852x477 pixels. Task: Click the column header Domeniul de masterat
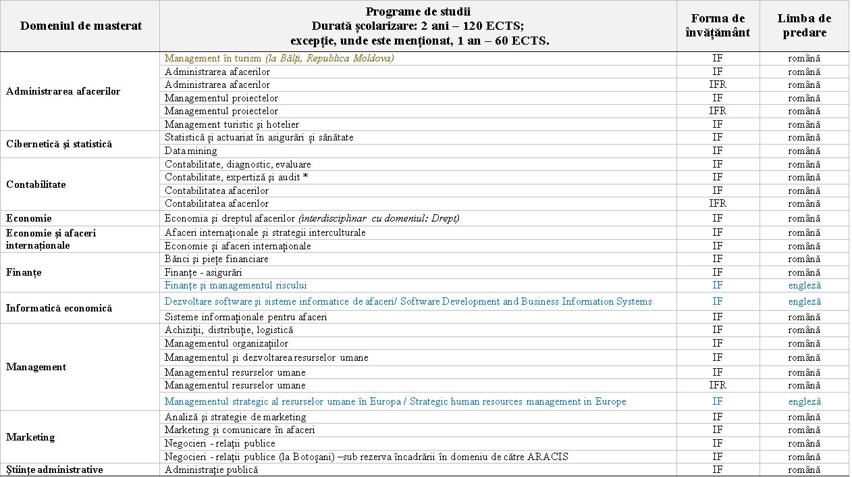[81, 26]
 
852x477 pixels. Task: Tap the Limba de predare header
[804, 26]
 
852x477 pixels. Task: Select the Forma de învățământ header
[718, 26]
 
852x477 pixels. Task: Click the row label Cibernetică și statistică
[59, 144]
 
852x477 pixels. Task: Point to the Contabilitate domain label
[36, 184]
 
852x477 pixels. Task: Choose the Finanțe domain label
[24, 272]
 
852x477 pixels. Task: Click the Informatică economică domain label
[59, 308]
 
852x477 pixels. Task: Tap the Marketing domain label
[30, 437]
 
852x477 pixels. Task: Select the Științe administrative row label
[55, 470]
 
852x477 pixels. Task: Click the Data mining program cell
[191, 151]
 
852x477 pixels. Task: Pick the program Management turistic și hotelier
[232, 124]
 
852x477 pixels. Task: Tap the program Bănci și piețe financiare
[217, 259]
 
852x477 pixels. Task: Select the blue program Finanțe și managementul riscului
[236, 285]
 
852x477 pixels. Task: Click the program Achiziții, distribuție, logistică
[229, 330]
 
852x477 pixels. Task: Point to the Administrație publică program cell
[211, 470]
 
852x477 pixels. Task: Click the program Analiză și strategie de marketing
[235, 417]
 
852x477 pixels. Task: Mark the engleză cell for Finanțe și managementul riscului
[804, 285]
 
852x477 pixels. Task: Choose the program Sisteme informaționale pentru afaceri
[246, 317]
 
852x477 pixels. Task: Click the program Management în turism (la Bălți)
[279, 58]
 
